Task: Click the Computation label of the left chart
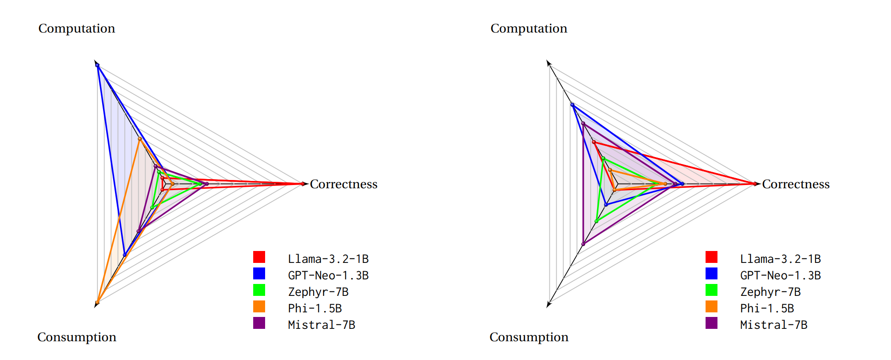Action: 76,28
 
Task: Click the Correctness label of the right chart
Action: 795,184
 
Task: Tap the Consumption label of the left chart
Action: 76,337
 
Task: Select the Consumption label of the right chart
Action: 529,337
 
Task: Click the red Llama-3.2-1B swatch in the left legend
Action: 259,257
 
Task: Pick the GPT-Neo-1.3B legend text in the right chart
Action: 780,275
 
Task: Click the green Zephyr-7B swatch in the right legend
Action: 711,290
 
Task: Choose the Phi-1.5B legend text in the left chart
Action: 315,308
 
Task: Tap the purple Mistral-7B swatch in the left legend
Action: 259,323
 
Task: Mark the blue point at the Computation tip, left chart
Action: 98,65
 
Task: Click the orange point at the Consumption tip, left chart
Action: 98,302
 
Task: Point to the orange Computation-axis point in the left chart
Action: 140,138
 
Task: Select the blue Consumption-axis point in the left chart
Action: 125,255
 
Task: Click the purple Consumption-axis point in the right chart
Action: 583,244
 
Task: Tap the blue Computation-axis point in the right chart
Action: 572,105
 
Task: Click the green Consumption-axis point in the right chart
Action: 596,221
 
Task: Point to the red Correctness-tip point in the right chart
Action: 755,184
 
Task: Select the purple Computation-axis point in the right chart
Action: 583,124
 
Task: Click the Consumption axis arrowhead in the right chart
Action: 549,305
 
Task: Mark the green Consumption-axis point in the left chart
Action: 152,207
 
